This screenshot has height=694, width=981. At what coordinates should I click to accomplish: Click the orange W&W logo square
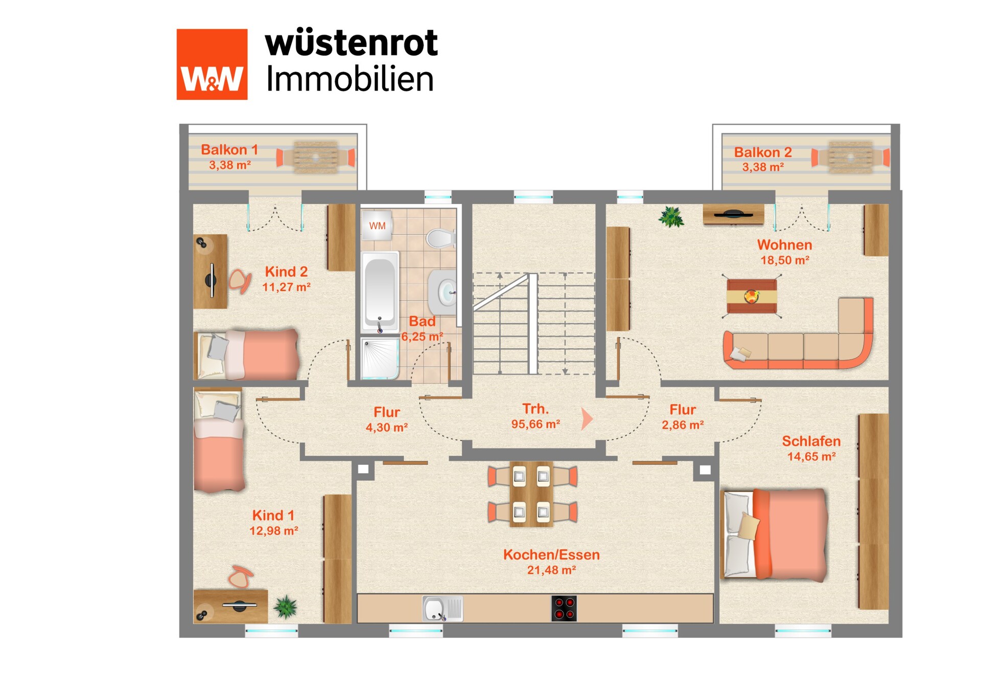[x=212, y=64]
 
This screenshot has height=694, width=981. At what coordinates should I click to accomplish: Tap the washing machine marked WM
[x=377, y=225]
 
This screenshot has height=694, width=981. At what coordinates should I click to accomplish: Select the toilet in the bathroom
[x=440, y=238]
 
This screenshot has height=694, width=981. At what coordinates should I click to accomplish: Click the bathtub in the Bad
[x=380, y=292]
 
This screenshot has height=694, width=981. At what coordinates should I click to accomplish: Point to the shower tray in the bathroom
[x=379, y=358]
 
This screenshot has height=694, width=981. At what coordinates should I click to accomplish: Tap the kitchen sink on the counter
[x=442, y=609]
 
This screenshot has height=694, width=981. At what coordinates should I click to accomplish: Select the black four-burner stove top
[x=564, y=609]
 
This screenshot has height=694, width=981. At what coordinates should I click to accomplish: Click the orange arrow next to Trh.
[x=587, y=419]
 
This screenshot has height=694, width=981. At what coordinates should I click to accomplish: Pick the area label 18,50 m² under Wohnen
[x=784, y=260]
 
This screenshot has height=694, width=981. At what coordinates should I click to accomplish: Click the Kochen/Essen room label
[x=551, y=555]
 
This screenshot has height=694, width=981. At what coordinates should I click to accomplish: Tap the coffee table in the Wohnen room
[x=752, y=296]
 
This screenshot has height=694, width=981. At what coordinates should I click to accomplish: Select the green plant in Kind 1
[x=285, y=607]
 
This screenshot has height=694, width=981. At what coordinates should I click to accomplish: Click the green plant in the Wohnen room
[x=671, y=217]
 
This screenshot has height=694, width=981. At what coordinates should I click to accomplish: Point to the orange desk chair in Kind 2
[x=240, y=281]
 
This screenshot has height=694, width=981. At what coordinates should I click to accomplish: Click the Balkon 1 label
[x=229, y=150]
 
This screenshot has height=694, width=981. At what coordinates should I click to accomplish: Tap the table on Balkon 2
[x=850, y=157]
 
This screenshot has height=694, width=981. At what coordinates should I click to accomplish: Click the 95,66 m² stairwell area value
[x=535, y=424]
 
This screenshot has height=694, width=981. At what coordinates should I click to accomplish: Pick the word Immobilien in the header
[x=350, y=79]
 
